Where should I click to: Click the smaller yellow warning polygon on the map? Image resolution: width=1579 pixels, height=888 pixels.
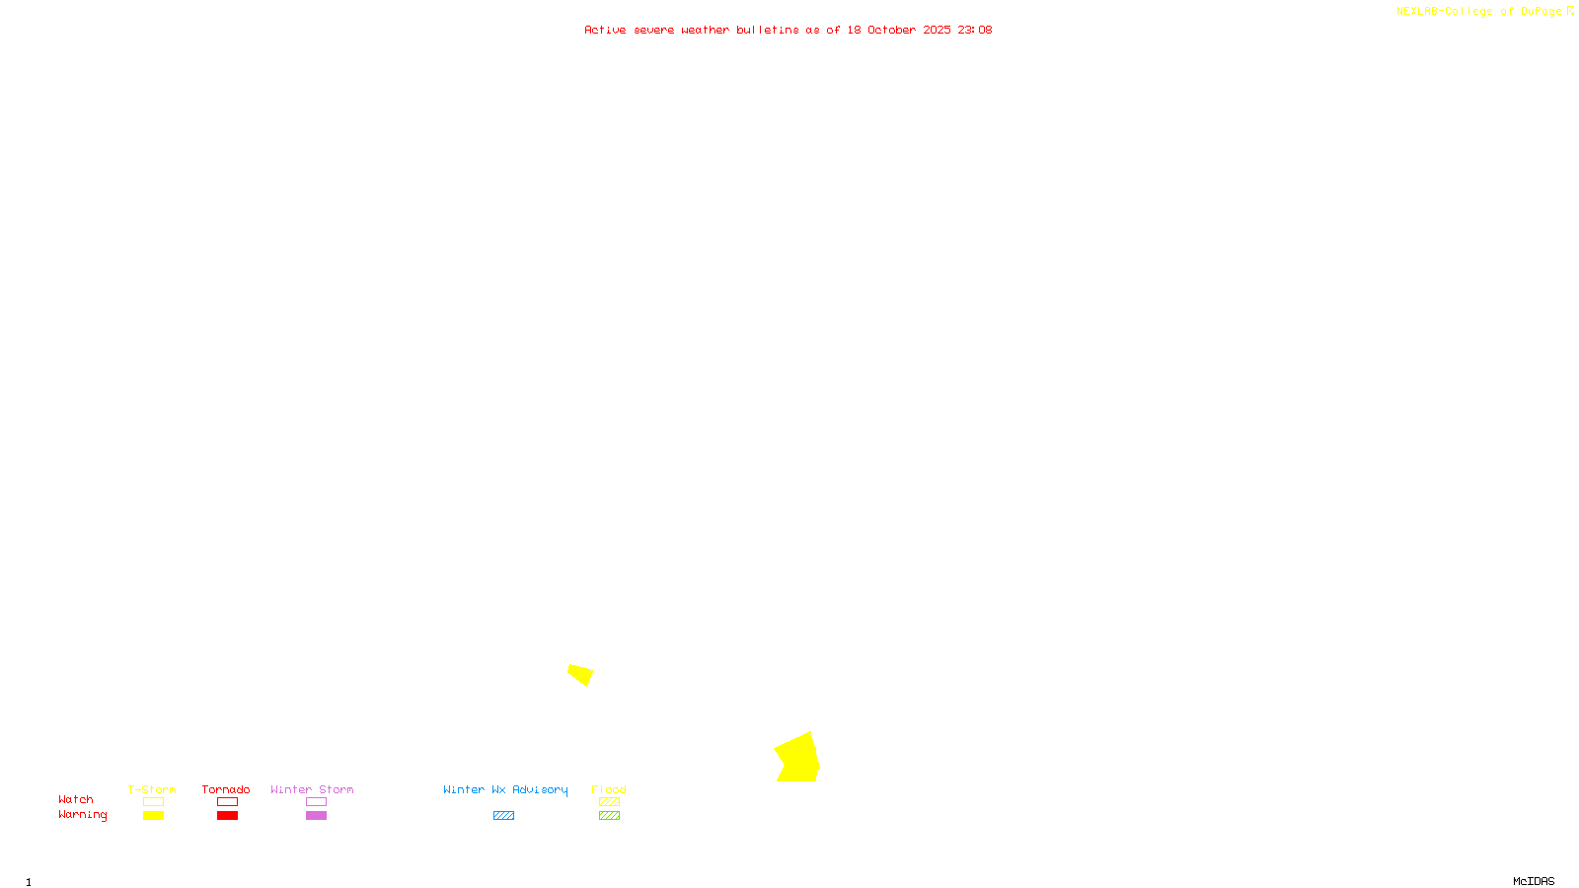580,674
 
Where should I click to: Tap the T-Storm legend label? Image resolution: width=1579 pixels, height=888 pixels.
152,789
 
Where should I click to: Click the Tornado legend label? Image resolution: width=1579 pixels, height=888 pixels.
226,789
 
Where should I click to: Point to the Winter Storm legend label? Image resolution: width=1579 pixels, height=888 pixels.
312,789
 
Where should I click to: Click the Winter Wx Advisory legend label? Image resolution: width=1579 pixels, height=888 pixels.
505,789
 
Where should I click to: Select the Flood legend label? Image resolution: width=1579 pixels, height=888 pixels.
609,789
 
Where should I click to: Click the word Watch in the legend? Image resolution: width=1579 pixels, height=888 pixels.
76,799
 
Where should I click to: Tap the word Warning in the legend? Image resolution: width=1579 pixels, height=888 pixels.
83,815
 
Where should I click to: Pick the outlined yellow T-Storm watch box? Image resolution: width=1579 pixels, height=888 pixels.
153,802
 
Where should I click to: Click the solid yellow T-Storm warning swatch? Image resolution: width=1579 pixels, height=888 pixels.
153,816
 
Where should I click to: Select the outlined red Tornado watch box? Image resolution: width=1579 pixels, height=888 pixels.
227,802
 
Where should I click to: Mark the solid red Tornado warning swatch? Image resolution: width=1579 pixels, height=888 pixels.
227,816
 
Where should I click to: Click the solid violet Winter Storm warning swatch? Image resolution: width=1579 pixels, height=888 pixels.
316,816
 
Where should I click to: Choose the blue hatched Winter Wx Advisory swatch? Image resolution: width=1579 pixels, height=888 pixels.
503,816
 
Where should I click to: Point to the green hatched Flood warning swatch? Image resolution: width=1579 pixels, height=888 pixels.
609,816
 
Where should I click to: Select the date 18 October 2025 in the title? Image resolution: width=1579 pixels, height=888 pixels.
898,30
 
